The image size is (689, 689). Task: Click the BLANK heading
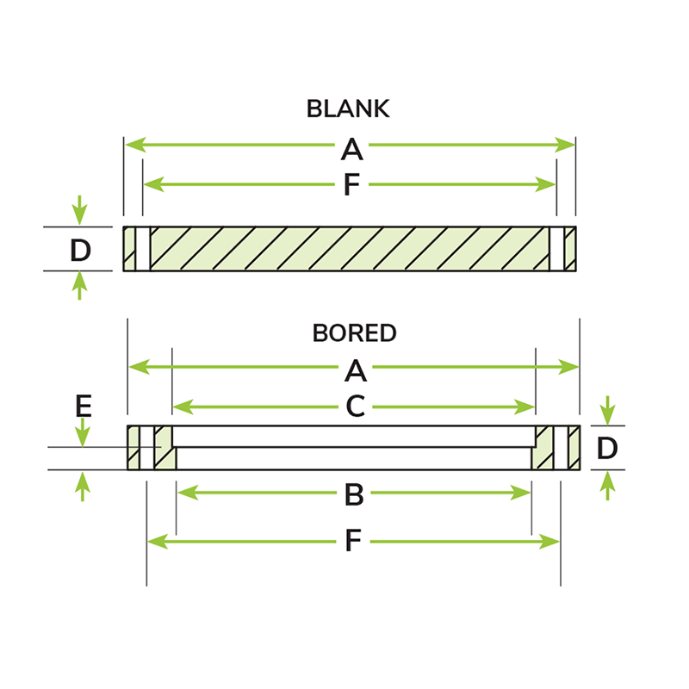348,109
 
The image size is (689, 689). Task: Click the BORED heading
354,332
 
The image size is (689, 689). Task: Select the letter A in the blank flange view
351,149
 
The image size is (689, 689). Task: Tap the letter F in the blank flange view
351,184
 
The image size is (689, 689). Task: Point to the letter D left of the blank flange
80,251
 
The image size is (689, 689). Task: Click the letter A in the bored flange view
356,371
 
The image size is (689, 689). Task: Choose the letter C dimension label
356,406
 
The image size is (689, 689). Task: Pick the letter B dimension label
354,494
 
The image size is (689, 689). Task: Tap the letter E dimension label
84,406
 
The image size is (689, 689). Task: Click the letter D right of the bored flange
607,448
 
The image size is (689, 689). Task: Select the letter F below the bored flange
353,541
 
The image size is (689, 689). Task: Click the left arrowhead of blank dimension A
135,145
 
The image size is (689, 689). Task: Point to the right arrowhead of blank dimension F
545,184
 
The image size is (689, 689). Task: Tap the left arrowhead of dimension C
183,407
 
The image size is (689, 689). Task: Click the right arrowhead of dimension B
521,493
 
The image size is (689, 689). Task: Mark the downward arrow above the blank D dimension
79,210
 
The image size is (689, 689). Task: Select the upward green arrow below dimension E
83,486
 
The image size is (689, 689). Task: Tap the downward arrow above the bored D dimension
608,411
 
